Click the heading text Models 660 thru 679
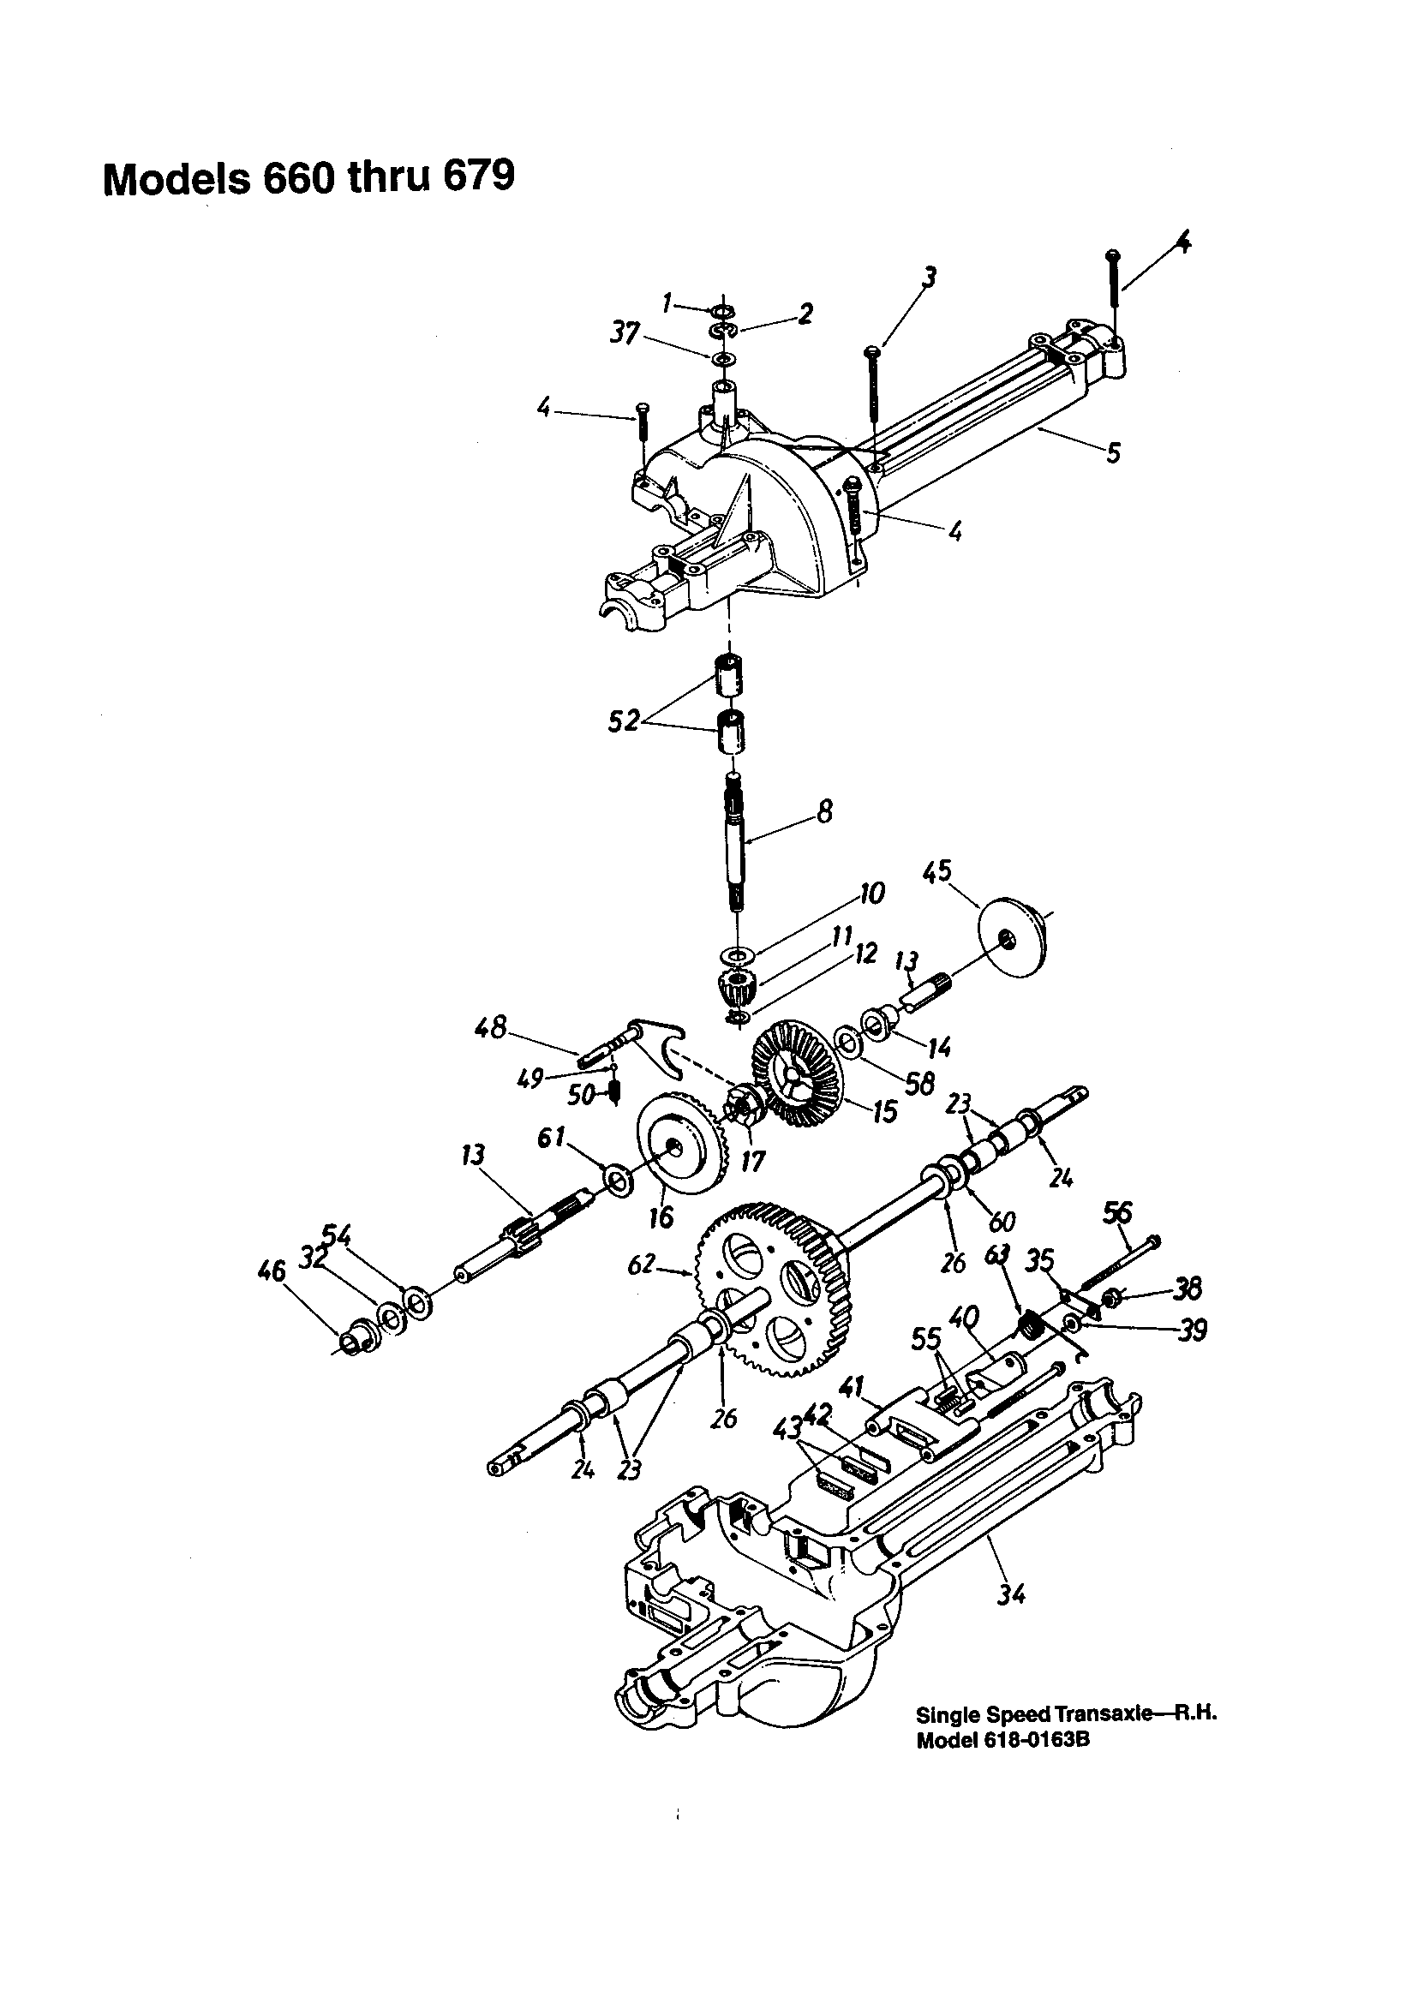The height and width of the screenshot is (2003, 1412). click(x=308, y=178)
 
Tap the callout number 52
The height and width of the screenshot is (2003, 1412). click(x=623, y=722)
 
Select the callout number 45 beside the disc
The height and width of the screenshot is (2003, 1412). click(x=937, y=871)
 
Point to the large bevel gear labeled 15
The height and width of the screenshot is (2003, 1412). click(x=796, y=1074)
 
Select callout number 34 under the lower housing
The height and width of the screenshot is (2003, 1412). click(x=1010, y=1593)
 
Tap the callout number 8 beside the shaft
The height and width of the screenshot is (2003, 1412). click(x=824, y=812)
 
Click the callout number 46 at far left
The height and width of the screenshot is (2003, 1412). click(x=272, y=1271)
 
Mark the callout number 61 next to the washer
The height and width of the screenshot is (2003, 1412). click(x=552, y=1137)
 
